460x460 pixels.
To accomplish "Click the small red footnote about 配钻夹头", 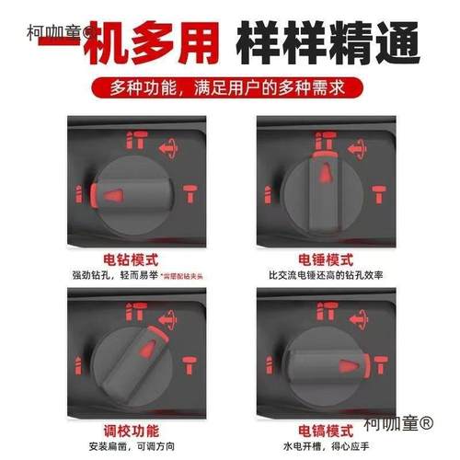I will pos(183,276).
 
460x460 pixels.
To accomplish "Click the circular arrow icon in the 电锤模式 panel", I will pos(372,143).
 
